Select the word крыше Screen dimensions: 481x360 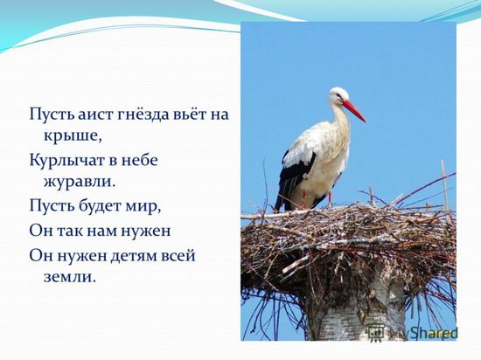coord(73,136)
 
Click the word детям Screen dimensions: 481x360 coord(134,256)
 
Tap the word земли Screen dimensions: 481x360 coord(68,277)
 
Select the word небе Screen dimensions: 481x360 coord(140,160)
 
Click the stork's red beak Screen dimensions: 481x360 coord(354,111)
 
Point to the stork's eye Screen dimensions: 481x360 coord(338,95)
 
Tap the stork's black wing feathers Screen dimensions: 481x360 coord(295,177)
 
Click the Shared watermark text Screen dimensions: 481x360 coord(433,333)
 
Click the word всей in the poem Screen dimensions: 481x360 coord(178,256)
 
